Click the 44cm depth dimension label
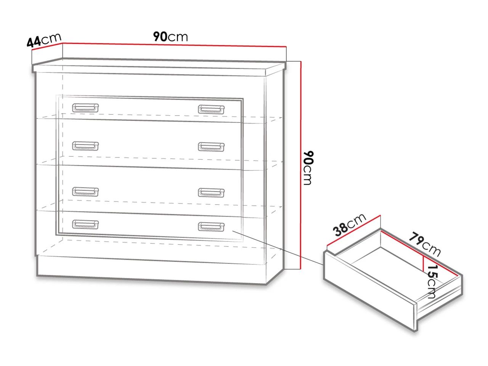pos(44,40)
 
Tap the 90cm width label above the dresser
pos(170,37)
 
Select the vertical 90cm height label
pos(308,168)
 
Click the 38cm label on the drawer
pos(349,225)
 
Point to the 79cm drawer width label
pos(425,244)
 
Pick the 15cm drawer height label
pos(432,282)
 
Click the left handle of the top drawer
pos(85,108)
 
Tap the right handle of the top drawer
pos(211,109)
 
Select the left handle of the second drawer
pos(85,146)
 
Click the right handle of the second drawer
pos(211,147)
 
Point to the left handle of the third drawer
pos(85,191)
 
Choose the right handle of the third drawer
pos(211,193)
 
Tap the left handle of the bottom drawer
pos(85,224)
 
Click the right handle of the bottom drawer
pos(211,226)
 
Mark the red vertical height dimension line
pos(301,165)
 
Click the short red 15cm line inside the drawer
pos(423,264)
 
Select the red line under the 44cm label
pos(47,46)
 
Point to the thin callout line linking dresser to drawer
pos(278,248)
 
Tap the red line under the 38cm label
pos(354,230)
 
